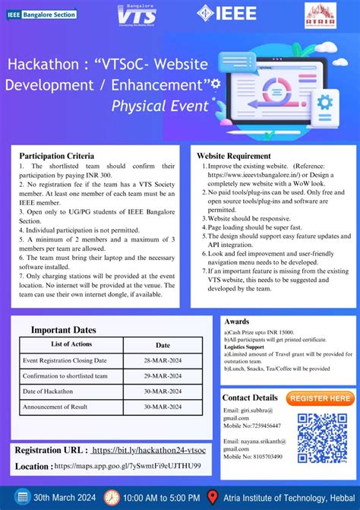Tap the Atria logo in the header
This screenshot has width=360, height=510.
coord(321,14)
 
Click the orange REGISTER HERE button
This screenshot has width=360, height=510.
coord(321,398)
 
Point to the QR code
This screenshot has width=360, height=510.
coord(322,437)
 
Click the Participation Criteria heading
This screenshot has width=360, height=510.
coord(62,155)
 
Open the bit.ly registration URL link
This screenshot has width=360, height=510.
coord(147,450)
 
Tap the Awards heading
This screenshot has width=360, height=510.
coord(237,322)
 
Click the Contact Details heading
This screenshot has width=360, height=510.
coord(250,398)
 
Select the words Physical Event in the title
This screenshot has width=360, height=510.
coord(155,105)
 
